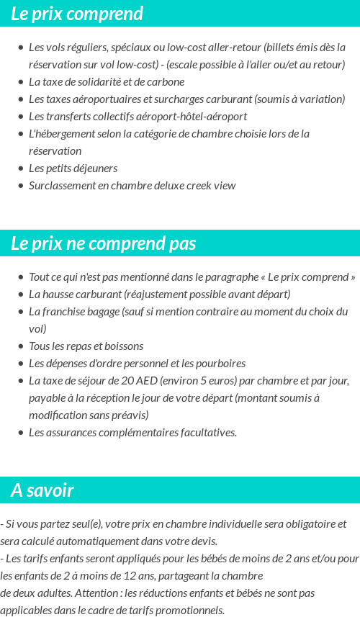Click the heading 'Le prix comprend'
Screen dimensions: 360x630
(x=77, y=14)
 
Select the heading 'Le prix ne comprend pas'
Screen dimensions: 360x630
(x=103, y=243)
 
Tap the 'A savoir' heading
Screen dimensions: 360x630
(x=42, y=490)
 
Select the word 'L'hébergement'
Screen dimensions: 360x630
(x=60, y=134)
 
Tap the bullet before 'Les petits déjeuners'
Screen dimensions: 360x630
(x=21, y=168)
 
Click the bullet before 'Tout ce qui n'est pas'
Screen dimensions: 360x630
(x=21, y=277)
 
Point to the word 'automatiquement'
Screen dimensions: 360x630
(x=102, y=541)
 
